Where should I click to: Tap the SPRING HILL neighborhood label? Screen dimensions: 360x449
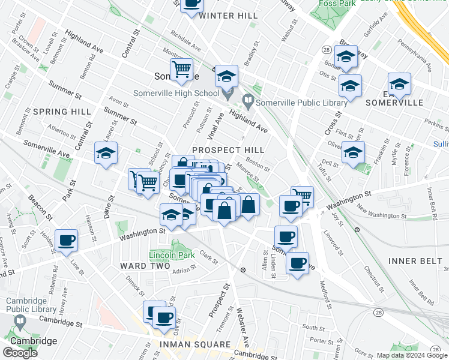pos(62,112)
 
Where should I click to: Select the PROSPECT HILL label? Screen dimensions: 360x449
pos(228,149)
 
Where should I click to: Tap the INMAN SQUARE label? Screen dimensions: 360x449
pos(195,344)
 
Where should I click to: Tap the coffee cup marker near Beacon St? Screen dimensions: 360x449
pos(67,241)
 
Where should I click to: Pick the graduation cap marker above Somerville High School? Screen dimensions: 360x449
pos(226,76)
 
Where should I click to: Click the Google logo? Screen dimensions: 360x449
pos(19,353)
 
